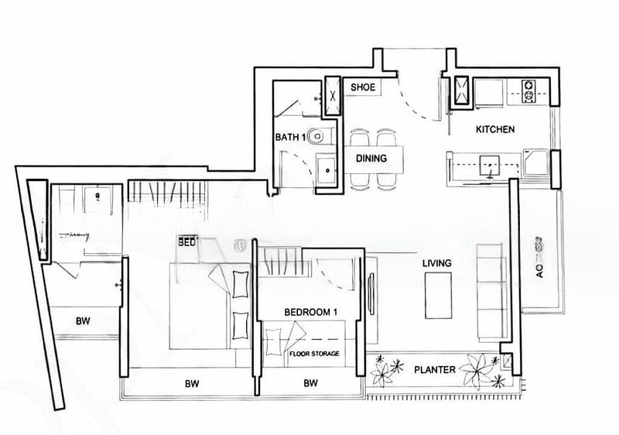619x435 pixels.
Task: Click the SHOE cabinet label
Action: point(363,87)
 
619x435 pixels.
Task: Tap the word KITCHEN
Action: point(495,129)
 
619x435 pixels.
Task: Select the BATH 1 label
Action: point(291,138)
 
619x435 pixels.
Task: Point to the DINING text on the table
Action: point(371,159)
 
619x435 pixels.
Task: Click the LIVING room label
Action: point(436,264)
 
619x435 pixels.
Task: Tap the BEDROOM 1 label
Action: point(311,312)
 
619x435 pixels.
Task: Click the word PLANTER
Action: point(434,370)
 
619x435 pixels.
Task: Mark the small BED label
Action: point(186,241)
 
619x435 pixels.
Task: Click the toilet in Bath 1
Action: point(319,137)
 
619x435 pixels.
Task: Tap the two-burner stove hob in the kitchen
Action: point(530,91)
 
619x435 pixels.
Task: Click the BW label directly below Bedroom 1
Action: point(311,383)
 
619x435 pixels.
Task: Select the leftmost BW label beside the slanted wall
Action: point(83,321)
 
